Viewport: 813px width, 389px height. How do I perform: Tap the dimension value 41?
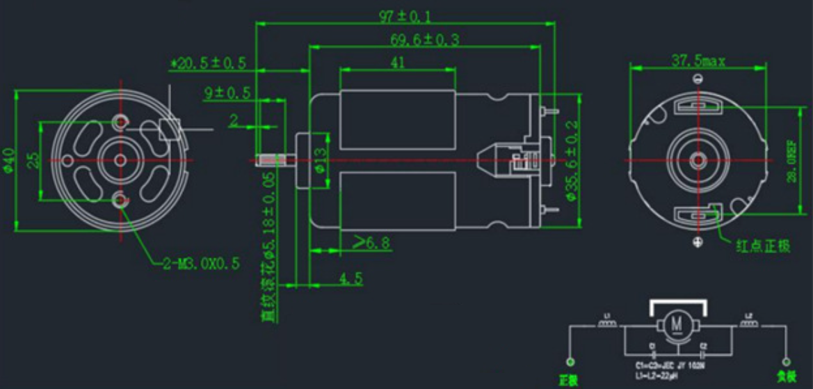coord(398,62)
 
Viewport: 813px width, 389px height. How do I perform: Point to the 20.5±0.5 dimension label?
coord(209,63)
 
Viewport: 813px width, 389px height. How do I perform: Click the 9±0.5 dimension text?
coord(227,93)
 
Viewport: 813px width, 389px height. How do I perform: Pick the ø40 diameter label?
coord(8,160)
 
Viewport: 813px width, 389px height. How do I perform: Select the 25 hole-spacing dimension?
coord(32,160)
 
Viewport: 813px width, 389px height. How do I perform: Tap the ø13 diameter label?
coord(321,161)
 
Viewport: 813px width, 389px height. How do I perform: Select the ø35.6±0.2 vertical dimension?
coord(573,161)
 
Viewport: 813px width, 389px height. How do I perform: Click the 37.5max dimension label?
coord(698,61)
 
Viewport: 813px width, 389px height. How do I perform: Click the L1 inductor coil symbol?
coord(607,324)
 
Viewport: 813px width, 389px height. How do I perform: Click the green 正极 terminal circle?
coord(570,363)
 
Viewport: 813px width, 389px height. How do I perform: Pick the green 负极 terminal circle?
coord(786,363)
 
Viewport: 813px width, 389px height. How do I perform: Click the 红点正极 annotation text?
coord(763,246)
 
